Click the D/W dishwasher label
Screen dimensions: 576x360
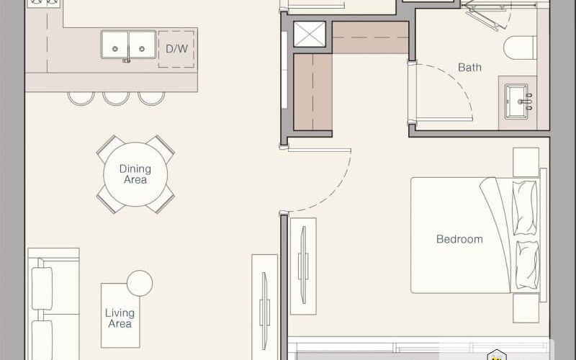click(x=176, y=49)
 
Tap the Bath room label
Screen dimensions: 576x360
click(x=469, y=68)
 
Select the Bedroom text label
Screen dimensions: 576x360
click(x=459, y=239)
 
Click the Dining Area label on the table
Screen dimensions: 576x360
click(x=135, y=174)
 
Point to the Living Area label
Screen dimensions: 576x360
click(x=120, y=318)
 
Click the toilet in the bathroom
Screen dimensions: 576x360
click(x=520, y=48)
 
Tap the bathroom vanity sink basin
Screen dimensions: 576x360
click(x=516, y=102)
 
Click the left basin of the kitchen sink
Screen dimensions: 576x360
click(x=114, y=45)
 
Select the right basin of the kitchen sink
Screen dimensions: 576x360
click(x=142, y=45)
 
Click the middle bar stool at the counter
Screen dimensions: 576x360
click(x=116, y=99)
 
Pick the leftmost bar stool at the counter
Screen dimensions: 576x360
click(x=81, y=99)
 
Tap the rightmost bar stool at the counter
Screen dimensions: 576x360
click(x=151, y=99)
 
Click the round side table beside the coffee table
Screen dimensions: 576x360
click(x=140, y=283)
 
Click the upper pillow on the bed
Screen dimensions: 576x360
click(x=525, y=207)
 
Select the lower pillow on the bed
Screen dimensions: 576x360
click(x=528, y=265)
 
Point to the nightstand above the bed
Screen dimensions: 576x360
click(x=526, y=162)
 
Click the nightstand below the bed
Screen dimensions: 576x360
click(x=526, y=308)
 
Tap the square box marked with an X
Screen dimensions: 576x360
click(x=310, y=34)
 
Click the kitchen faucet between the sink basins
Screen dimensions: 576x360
click(x=127, y=60)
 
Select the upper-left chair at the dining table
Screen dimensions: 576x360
click(x=110, y=148)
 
